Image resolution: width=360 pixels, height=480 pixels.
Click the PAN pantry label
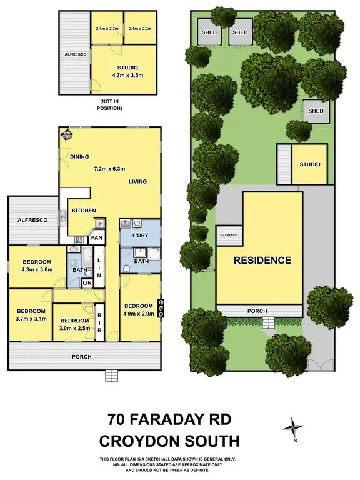pyautogui.click(x=96, y=238)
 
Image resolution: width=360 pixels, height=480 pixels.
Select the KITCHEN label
pyautogui.click(x=83, y=211)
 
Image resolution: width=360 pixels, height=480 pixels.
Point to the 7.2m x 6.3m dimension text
pyautogui.click(x=110, y=169)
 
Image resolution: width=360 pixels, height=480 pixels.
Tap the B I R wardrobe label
pyautogui.click(x=99, y=324)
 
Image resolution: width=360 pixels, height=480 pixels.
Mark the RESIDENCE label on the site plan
pyautogui.click(x=262, y=260)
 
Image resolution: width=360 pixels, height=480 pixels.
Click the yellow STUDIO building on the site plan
pyautogui.click(x=309, y=164)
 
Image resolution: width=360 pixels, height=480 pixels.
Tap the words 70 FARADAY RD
pyautogui.click(x=169, y=419)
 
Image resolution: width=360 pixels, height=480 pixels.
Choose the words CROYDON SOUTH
pyautogui.click(x=169, y=441)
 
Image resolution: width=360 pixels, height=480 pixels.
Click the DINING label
pyautogui.click(x=79, y=157)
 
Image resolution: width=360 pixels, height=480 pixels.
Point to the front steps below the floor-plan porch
pyautogui.click(x=111, y=375)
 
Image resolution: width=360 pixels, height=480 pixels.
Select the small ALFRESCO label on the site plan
pyautogui.click(x=228, y=235)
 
